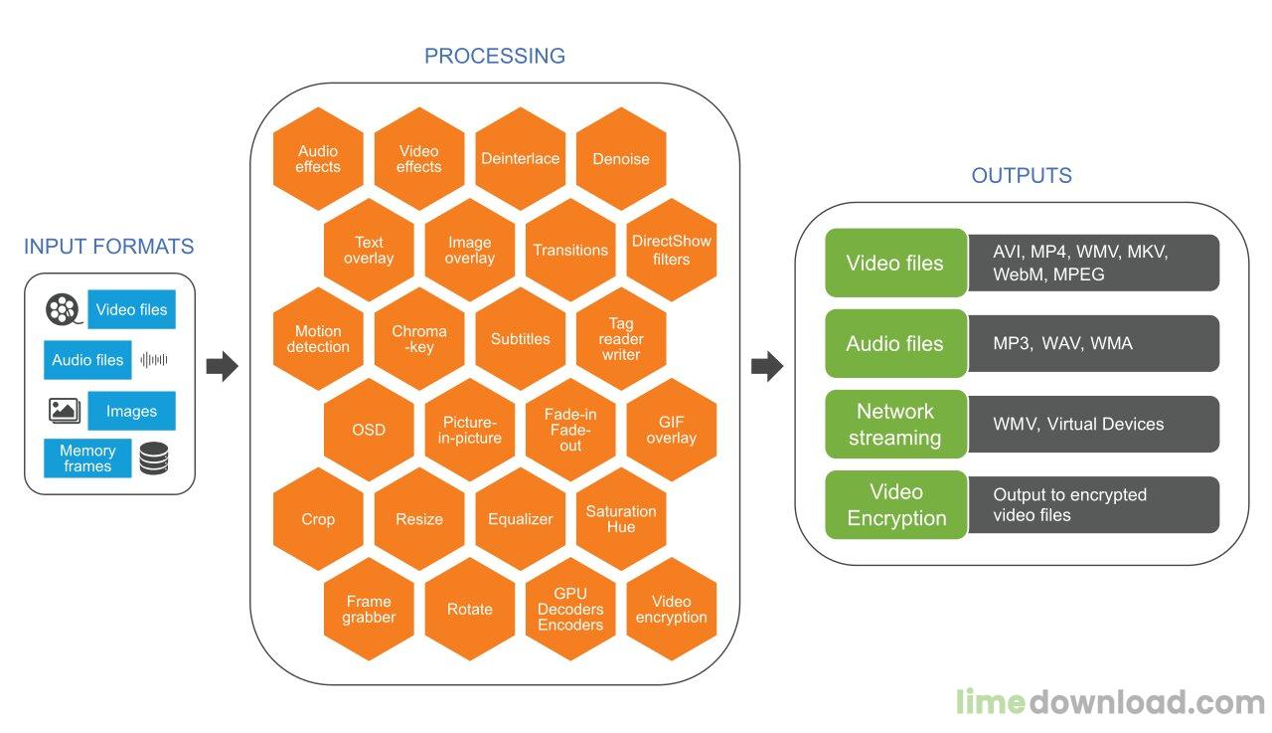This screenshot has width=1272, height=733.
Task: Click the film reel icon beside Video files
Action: (63, 309)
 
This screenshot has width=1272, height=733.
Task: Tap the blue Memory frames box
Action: (87, 458)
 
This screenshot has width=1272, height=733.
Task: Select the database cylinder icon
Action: (154, 458)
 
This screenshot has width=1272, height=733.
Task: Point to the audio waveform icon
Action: (154, 360)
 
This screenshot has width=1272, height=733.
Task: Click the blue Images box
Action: (131, 410)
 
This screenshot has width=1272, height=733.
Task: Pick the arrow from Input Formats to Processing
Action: (222, 366)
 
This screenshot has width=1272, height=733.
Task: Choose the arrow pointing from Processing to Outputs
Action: (767, 366)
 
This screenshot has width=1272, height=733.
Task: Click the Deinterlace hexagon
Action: (520, 158)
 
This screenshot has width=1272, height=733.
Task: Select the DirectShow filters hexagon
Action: (671, 250)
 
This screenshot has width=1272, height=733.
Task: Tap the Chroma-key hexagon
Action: (419, 339)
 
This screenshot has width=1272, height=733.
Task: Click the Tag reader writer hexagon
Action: (621, 339)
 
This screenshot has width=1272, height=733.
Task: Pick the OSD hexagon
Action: (369, 430)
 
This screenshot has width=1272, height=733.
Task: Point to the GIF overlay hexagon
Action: (671, 430)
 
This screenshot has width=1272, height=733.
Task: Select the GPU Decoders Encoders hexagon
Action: (570, 609)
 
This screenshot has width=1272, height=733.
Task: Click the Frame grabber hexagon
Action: (369, 609)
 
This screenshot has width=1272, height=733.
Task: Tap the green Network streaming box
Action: (895, 424)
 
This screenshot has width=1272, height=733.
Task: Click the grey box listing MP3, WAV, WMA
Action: (1093, 343)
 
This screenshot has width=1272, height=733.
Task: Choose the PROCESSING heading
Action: (495, 56)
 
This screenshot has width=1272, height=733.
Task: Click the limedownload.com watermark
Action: (1111, 702)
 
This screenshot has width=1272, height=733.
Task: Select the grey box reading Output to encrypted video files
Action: (1093, 504)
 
